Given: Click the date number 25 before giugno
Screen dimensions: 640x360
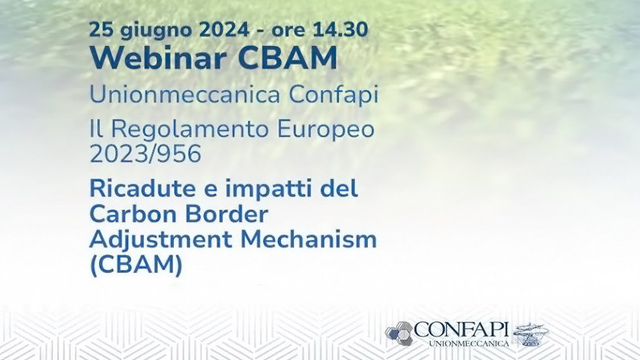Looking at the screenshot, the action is (100, 30).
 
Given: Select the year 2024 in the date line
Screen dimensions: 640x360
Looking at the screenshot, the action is (225, 30).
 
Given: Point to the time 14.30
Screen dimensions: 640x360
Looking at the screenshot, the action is (341, 30).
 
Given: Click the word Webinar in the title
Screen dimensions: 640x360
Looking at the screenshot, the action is (159, 58).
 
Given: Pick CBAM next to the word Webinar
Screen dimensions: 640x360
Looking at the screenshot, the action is (287, 58).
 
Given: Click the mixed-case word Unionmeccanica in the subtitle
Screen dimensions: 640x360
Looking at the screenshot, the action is (185, 94).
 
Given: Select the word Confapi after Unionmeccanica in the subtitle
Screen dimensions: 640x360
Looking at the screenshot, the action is (334, 96).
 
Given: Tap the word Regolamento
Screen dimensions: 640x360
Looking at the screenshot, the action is (190, 130).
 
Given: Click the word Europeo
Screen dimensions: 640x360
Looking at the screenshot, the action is (326, 130).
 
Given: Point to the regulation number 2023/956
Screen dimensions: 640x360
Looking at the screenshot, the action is (145, 154).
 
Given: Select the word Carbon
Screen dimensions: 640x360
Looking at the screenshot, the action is (132, 214).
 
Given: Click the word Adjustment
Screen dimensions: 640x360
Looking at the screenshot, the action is (160, 240).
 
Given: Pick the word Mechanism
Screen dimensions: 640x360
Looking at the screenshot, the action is (308, 239).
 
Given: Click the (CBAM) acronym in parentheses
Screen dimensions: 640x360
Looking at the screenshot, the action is (136, 265).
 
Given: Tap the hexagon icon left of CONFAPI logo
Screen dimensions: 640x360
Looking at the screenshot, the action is (399, 333).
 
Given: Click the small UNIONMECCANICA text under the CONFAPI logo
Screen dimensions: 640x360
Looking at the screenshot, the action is (469, 344).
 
